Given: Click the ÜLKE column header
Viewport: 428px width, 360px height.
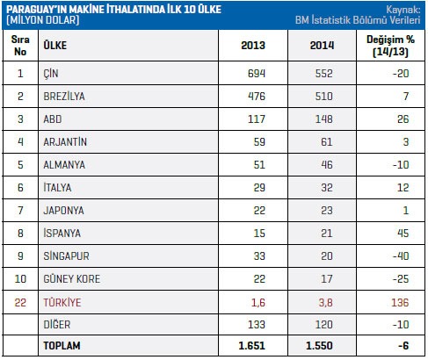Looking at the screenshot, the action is point(55,45).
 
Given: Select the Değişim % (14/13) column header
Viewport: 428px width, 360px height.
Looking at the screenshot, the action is point(390,46).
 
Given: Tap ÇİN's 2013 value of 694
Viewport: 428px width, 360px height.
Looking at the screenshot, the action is point(257,73).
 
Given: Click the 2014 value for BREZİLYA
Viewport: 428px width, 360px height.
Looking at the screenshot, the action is point(323,96).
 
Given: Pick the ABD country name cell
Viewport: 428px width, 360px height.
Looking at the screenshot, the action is point(53,119).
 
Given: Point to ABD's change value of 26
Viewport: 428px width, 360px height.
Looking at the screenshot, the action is point(403,119).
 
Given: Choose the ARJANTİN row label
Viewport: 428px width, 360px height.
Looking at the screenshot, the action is point(65,142).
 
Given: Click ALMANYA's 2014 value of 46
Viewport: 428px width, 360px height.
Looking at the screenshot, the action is point(327,164).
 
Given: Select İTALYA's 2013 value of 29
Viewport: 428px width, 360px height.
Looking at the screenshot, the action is point(259,187).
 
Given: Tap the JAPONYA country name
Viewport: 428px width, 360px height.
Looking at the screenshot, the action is point(63,211).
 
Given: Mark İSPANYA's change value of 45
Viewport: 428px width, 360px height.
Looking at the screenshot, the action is point(403,233).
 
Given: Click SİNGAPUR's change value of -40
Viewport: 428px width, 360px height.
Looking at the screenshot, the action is point(401,256).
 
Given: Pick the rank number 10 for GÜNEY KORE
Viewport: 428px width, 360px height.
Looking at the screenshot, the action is point(20,278).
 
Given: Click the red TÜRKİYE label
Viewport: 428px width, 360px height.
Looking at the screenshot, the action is point(62,302).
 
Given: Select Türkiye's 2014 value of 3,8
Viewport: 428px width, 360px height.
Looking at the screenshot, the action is point(325,302).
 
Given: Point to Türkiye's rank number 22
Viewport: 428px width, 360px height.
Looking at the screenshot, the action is point(20,302).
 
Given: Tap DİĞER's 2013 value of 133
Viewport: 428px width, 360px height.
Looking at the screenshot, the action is point(257,325).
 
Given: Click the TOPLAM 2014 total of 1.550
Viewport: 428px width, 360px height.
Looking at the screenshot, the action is point(319,346).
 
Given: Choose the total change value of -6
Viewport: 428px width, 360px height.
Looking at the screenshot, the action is point(403,346).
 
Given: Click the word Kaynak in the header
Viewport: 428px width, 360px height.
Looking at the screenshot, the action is point(403,10).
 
